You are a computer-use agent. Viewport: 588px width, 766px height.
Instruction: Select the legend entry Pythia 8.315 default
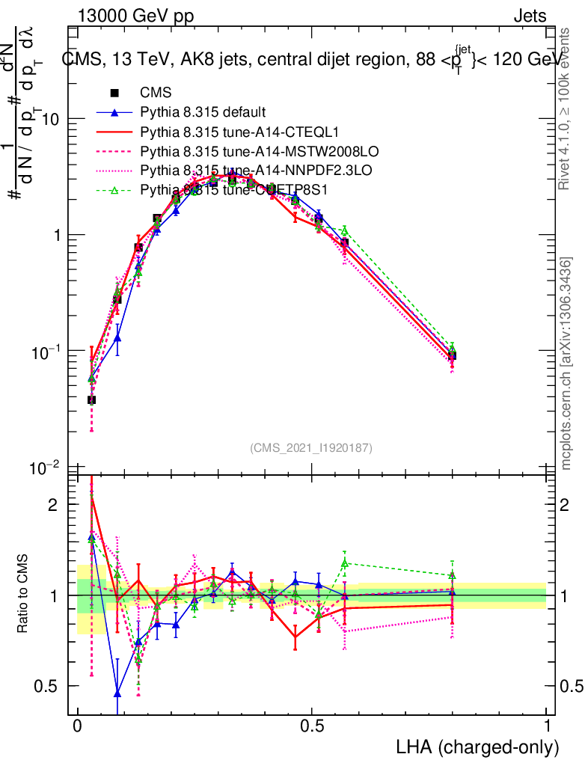click(202, 112)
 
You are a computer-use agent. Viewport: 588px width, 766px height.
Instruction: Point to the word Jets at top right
click(530, 16)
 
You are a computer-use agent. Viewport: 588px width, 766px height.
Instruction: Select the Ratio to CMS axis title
click(23, 595)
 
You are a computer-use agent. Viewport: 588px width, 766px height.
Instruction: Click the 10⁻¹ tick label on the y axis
click(46, 351)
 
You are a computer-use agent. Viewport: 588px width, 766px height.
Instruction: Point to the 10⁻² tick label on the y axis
click(46, 468)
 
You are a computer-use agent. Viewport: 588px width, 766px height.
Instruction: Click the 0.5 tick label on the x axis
click(312, 726)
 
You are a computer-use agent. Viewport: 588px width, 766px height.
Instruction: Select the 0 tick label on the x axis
click(77, 726)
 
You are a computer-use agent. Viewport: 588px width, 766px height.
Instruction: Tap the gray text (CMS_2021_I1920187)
click(311, 447)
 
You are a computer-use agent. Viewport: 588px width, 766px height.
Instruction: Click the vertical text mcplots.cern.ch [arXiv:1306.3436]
click(566, 364)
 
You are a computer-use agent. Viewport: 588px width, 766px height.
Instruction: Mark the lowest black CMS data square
click(91, 399)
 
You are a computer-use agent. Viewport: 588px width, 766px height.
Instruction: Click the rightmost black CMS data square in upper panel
click(452, 355)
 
